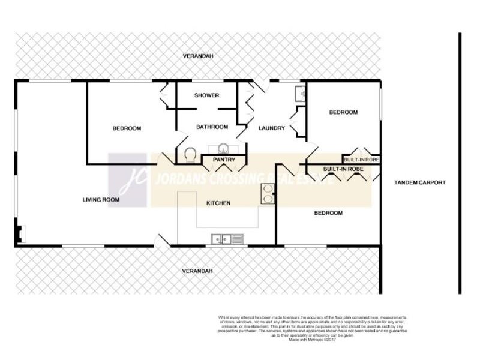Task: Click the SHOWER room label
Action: click(x=206, y=95)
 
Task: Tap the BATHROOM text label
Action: click(x=212, y=127)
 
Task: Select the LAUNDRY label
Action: click(x=271, y=128)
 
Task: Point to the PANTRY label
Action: click(x=224, y=160)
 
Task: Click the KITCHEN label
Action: click(x=218, y=203)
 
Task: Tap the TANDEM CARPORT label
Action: click(x=420, y=182)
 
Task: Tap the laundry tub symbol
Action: click(x=301, y=94)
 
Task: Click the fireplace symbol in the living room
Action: click(x=21, y=233)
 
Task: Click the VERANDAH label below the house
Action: click(x=197, y=271)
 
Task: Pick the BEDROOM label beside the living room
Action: click(x=127, y=128)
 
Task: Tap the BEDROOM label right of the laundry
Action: click(x=343, y=112)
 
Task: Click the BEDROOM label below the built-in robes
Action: click(x=328, y=213)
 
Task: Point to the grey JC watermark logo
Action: click(x=128, y=179)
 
